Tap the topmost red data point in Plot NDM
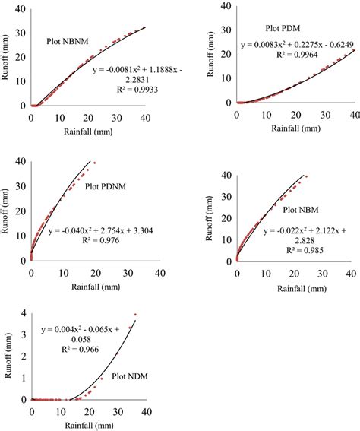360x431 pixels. (135, 314)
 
